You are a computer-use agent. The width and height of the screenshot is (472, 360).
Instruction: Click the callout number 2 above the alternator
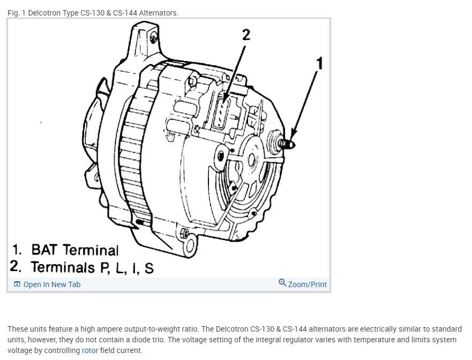246,35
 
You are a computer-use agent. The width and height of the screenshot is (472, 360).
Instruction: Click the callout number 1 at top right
320,64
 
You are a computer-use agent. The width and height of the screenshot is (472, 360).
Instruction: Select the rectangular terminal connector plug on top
223,111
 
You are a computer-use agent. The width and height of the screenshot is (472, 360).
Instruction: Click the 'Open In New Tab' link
51,284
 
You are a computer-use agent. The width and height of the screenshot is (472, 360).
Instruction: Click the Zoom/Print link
307,284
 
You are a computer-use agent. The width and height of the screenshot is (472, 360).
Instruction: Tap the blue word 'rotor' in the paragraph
90,350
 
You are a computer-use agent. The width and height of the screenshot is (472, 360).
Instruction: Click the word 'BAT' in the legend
45,250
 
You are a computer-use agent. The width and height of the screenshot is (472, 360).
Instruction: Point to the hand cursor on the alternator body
170,136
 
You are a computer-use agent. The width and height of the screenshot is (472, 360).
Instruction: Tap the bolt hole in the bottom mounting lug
185,234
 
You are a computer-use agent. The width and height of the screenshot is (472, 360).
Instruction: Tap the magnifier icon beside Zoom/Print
282,283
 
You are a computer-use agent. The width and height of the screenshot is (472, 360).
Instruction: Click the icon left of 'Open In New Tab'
17,284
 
